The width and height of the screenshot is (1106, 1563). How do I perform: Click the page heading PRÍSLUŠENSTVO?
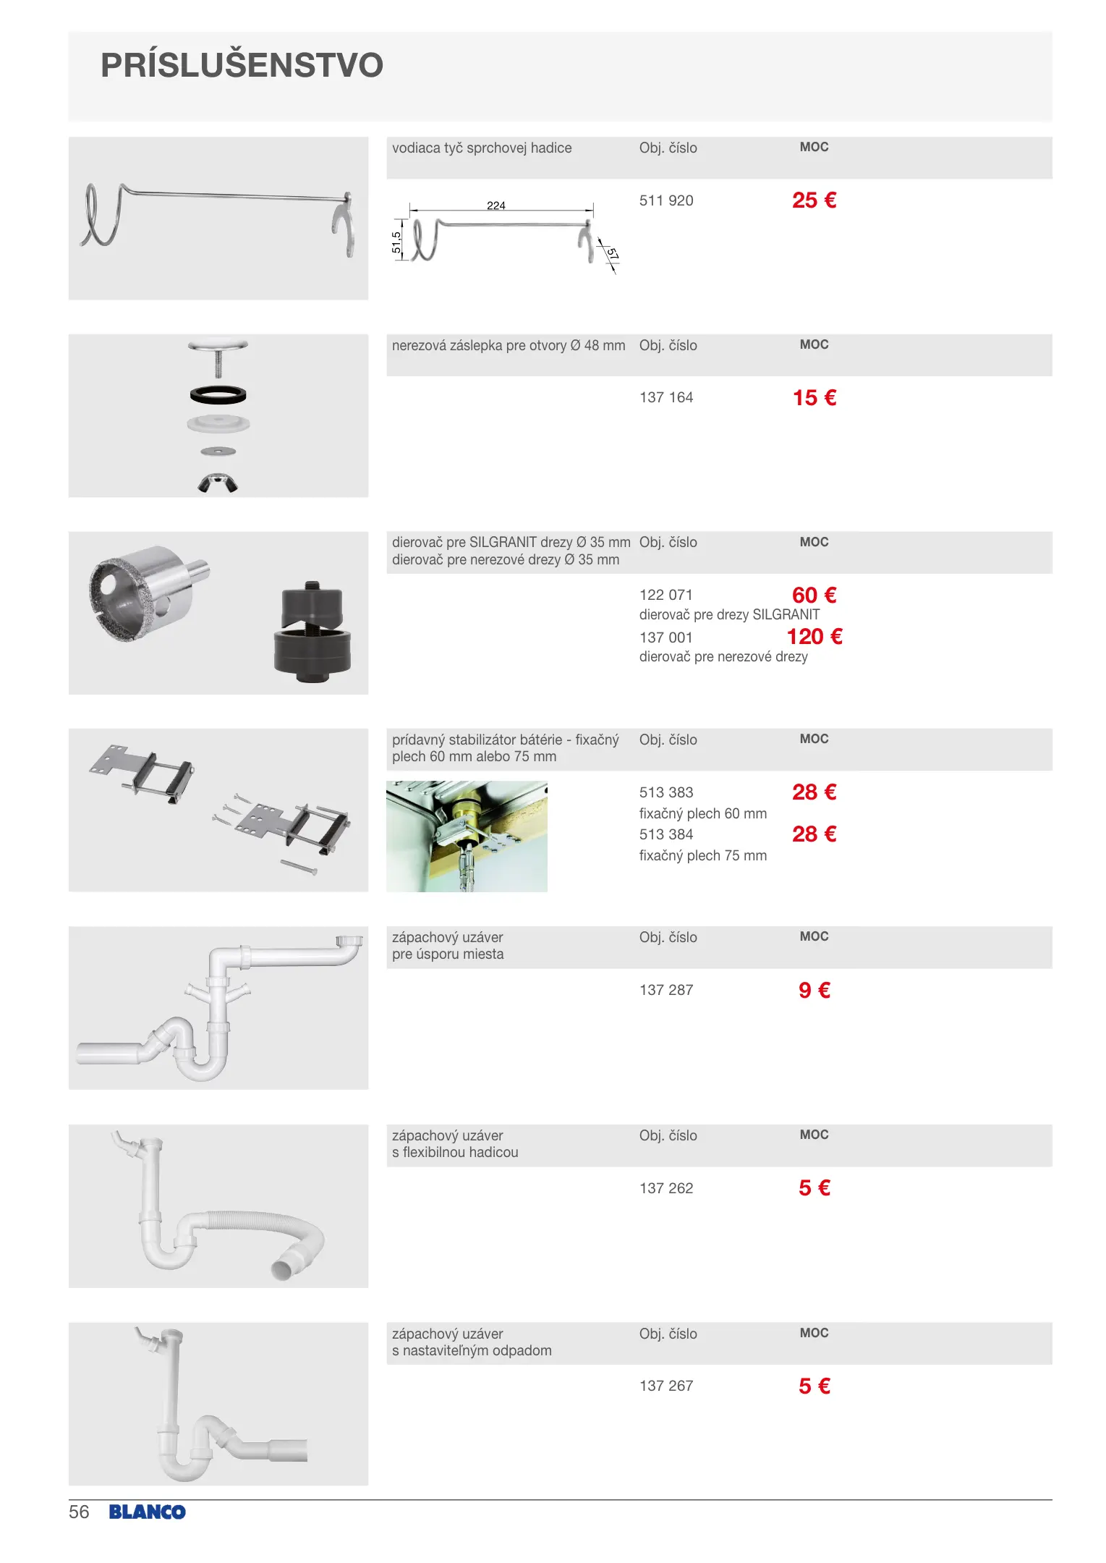[x=242, y=66]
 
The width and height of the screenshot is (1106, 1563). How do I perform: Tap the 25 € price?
[x=814, y=200]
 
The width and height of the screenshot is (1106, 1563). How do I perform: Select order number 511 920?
[x=665, y=200]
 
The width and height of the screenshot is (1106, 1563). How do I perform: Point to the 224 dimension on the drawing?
[x=495, y=206]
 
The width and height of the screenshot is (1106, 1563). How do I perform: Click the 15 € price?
[x=814, y=398]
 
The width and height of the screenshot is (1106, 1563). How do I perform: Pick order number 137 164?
[x=665, y=397]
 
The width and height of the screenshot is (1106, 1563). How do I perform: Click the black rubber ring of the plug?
[x=218, y=395]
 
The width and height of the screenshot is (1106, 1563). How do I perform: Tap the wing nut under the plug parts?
[x=218, y=483]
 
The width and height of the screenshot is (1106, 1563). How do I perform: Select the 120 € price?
[x=814, y=637]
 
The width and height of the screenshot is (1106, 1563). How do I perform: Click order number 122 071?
[x=665, y=595]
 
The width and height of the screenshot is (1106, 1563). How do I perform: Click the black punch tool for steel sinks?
[x=312, y=633]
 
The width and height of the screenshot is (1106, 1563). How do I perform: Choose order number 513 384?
[x=665, y=834]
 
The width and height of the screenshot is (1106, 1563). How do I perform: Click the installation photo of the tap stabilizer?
[x=467, y=836]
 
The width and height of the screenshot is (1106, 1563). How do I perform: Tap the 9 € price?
[x=814, y=990]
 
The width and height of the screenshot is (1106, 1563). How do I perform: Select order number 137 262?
[x=665, y=1188]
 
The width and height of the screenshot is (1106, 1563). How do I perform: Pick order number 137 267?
[x=665, y=1386]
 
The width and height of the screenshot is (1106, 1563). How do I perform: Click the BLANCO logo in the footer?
[x=147, y=1512]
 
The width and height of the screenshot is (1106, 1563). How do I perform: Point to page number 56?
[x=79, y=1512]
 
